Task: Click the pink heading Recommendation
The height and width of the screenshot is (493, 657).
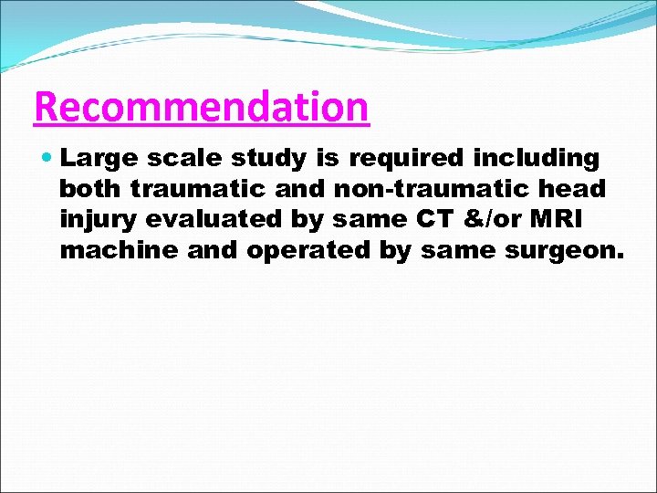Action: (201, 108)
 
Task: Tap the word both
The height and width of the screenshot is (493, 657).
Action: (91, 189)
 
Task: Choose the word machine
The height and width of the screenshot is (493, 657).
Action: (119, 249)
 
